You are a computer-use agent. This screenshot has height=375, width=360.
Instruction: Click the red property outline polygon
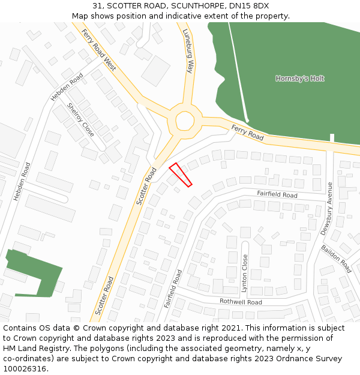pos(180,175)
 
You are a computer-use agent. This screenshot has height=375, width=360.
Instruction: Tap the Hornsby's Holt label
pos(300,79)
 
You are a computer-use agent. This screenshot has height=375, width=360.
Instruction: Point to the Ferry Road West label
pos(99,50)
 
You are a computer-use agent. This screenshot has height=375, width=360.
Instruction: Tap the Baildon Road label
pos(336,259)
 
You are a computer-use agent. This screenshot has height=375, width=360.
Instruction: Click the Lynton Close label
pos(245,273)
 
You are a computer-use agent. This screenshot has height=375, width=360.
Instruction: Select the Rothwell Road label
pos(241,302)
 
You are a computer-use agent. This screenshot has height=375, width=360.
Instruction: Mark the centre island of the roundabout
pos(184,121)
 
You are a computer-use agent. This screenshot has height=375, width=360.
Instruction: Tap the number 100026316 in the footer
pos(26,369)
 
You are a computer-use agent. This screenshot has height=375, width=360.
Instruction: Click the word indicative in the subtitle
pos(186,16)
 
